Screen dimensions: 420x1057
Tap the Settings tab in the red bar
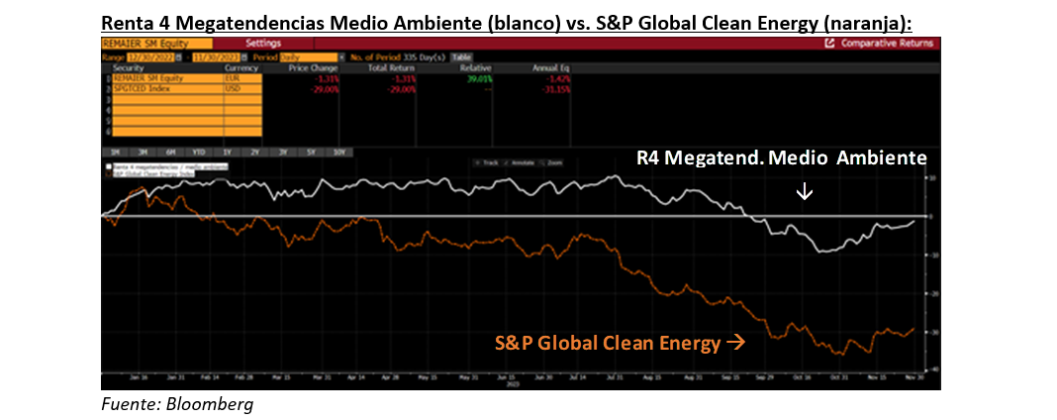263,44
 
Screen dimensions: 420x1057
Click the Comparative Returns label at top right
885,44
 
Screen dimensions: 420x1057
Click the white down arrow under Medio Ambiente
805,192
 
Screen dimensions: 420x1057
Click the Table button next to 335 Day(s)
462,57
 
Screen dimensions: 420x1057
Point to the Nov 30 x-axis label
905,377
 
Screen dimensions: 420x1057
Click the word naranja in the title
876,22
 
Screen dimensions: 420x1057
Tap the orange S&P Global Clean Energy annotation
608,344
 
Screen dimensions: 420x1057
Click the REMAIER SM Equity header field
156,44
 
